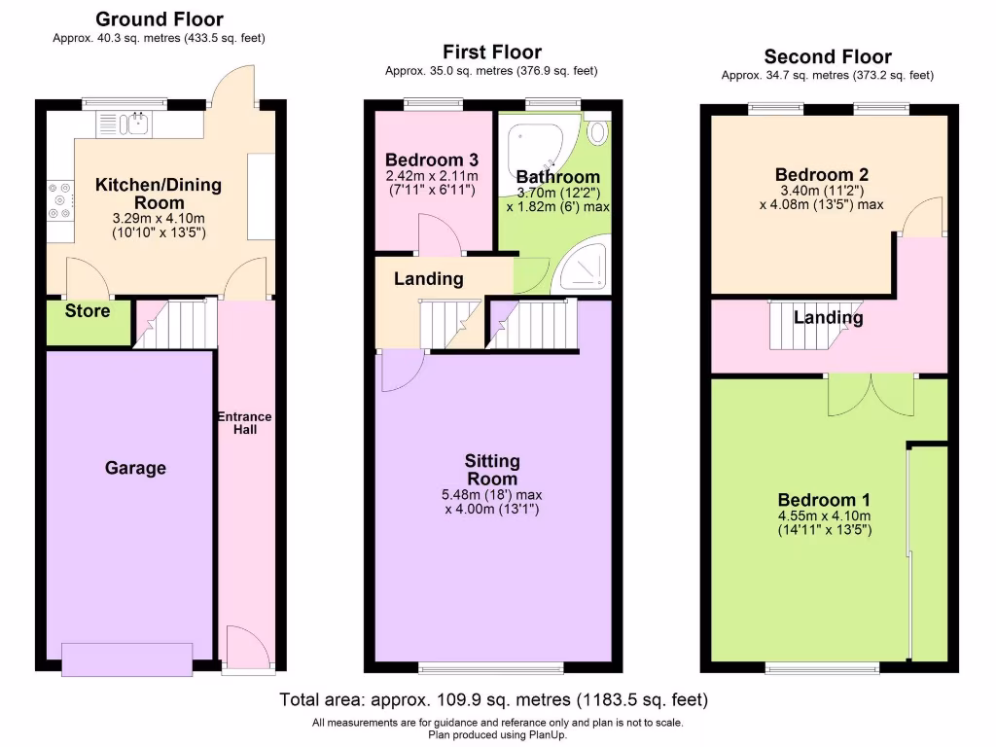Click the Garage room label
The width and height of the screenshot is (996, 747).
[x=135, y=468]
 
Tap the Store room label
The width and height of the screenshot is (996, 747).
[x=88, y=311]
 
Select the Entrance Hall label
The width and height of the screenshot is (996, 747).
[x=244, y=423]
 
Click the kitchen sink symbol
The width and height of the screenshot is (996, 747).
[x=137, y=122]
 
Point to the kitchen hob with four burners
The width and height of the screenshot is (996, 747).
[x=58, y=200]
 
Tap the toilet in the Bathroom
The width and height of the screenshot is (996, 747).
[x=598, y=131]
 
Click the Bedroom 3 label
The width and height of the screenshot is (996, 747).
[x=431, y=160]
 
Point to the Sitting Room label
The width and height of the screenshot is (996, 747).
[x=492, y=470]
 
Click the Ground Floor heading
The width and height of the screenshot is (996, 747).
[x=160, y=19]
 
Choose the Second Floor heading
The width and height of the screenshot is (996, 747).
[x=827, y=56]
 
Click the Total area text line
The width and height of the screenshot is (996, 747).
[x=494, y=699]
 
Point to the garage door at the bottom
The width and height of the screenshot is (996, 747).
[x=127, y=659]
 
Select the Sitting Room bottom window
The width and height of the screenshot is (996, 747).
[x=491, y=667]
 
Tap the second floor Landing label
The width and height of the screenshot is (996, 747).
[x=828, y=318]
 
